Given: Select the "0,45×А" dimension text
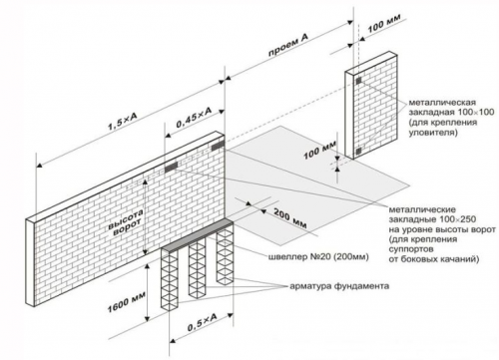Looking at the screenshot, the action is [x=194, y=117].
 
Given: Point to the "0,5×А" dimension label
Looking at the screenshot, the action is [x=202, y=322].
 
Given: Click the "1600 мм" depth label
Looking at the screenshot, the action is [x=126, y=301].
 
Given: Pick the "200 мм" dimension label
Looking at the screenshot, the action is [x=290, y=218].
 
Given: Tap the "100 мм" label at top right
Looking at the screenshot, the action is [x=384, y=23].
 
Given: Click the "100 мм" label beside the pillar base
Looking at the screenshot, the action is [x=320, y=151].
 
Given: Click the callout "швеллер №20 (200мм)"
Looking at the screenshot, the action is [x=318, y=256].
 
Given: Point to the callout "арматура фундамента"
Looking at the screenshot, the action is [x=339, y=286].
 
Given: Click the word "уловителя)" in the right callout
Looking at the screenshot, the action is [x=433, y=133].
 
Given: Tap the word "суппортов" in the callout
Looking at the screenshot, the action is [x=411, y=248].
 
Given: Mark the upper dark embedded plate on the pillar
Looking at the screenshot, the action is [x=358, y=81].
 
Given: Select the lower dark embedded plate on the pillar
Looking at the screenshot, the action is [x=358, y=152].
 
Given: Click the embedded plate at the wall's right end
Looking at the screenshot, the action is [x=219, y=146].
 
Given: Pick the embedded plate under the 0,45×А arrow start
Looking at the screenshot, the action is [x=172, y=167].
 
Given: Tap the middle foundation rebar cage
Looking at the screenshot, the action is [x=198, y=266].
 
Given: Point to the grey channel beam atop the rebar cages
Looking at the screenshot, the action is [x=199, y=234].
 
